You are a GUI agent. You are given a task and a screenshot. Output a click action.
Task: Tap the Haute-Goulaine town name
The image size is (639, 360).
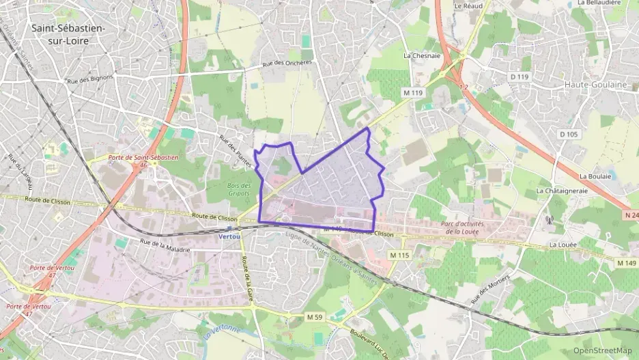(x=595, y=84)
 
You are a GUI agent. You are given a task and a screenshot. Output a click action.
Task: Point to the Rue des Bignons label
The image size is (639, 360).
(x=88, y=80)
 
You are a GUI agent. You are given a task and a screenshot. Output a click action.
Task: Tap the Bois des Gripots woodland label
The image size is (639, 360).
(x=239, y=189)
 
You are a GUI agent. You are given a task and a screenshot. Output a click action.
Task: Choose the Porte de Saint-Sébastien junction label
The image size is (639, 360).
(x=143, y=158)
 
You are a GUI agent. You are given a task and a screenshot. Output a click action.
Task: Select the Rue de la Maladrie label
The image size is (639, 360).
(x=164, y=245)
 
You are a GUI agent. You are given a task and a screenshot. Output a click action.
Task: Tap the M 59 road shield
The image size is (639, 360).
(x=314, y=317)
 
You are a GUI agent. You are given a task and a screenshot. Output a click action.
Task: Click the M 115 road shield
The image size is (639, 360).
(x=399, y=255)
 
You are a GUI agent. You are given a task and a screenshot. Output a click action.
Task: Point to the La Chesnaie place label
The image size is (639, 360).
(x=422, y=56)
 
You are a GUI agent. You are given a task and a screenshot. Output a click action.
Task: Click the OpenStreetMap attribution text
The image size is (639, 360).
(x=602, y=350)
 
